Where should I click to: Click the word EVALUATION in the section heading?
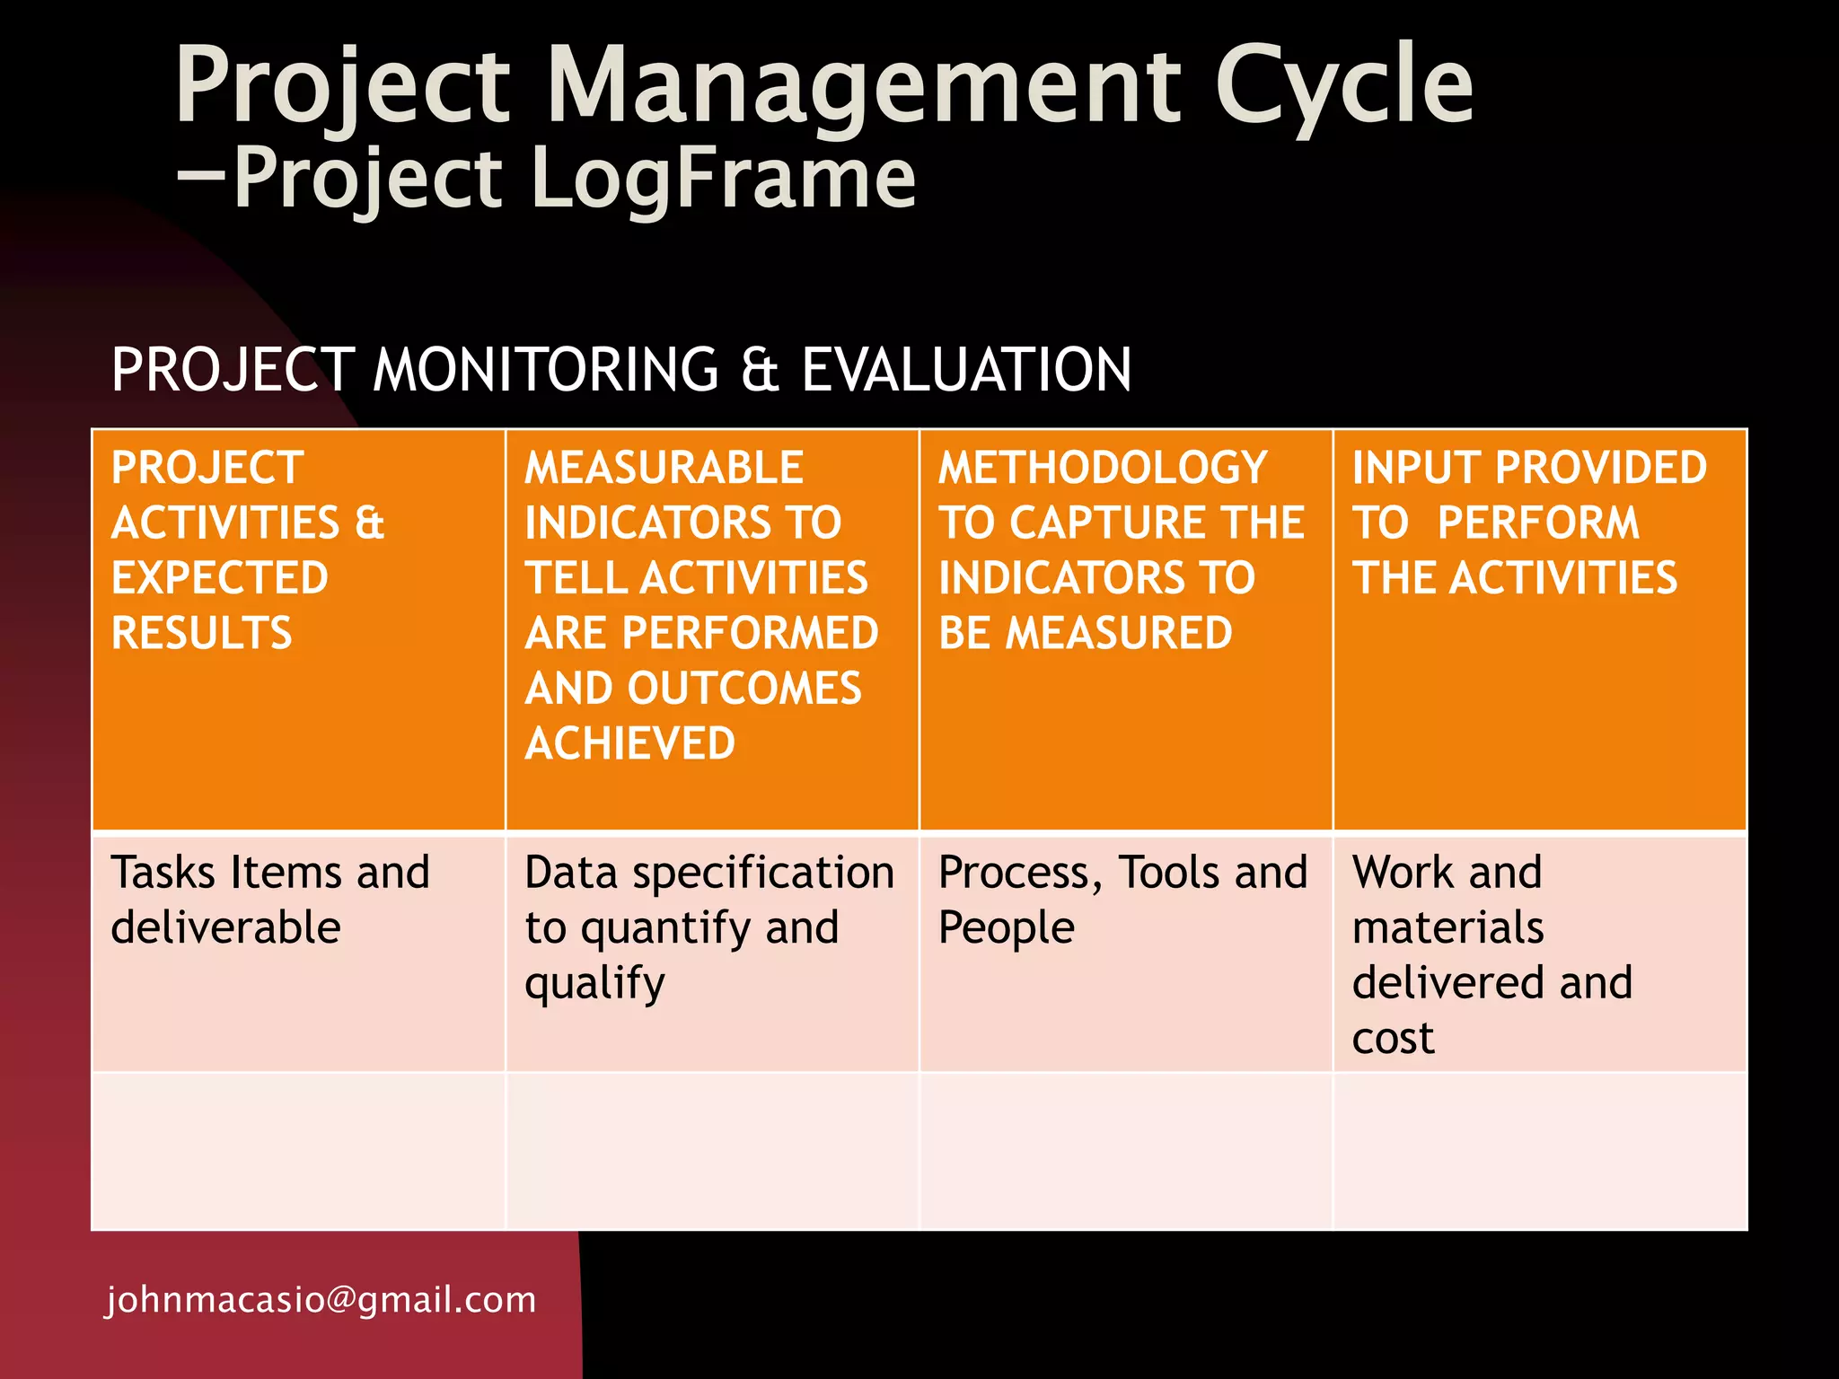[966, 370]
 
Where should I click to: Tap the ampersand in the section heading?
[760, 371]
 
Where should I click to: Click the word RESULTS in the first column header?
[202, 633]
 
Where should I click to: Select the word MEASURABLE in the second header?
[664, 468]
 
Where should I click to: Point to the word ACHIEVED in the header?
[629, 743]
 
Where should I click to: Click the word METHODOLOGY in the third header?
[1103, 468]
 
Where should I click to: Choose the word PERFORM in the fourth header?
[1538, 523]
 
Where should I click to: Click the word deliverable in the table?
[225, 927]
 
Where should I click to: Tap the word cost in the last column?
[1393, 1039]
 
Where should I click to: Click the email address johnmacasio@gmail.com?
[321, 1300]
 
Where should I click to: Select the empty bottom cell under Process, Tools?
[1125, 1151]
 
